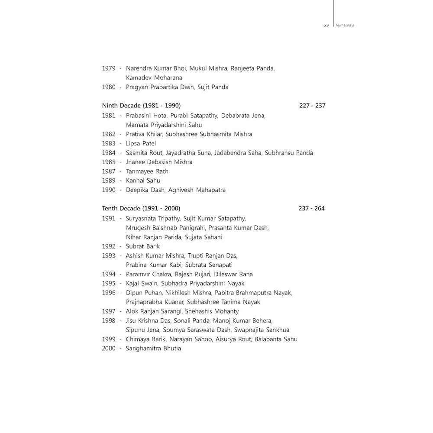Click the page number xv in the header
(x=327, y=26)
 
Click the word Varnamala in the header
(x=346, y=26)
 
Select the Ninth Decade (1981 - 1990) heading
(x=141, y=105)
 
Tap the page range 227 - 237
(x=312, y=105)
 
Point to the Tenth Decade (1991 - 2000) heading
(x=141, y=208)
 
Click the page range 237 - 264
(x=312, y=208)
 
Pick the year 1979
(x=109, y=68)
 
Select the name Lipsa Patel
(x=141, y=143)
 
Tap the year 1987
(x=109, y=171)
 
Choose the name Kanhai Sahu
(x=143, y=181)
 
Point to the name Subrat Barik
(x=143, y=246)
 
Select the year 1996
(x=109, y=293)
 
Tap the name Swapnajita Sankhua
(x=262, y=330)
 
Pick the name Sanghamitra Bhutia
(x=153, y=348)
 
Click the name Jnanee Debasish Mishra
(x=159, y=162)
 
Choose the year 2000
(x=109, y=348)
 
